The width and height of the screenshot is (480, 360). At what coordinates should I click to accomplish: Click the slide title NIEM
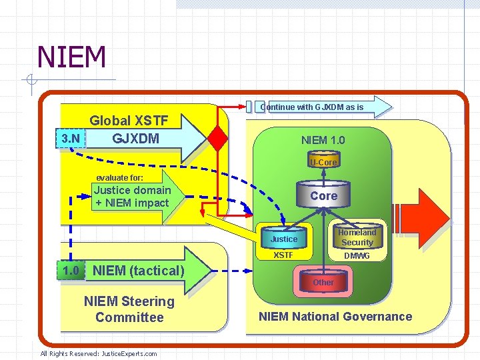coord(72,57)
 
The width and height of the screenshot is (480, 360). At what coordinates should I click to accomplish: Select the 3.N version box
coord(71,139)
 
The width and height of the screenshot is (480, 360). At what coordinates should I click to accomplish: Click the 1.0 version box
coord(71,270)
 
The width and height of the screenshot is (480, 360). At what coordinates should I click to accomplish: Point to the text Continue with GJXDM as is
coord(312,107)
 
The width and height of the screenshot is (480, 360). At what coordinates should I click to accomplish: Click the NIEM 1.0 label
coord(323,140)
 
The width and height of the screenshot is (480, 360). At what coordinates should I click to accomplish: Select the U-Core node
coord(323,162)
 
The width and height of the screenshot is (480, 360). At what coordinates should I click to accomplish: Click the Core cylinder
coord(323,195)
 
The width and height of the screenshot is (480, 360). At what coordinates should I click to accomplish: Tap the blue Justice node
coord(284,239)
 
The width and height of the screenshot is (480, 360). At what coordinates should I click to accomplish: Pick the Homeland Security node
coord(357,237)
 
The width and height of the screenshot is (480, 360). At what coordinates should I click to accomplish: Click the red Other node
coord(323,282)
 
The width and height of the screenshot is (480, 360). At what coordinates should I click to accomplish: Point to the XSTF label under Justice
coord(284,255)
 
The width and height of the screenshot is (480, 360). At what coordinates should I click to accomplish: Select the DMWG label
coord(357,256)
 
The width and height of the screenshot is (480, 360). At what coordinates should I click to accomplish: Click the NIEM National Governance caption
coord(335,317)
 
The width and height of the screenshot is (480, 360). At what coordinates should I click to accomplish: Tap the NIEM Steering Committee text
coord(129,309)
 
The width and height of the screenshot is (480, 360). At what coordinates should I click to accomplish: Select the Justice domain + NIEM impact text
coord(132,197)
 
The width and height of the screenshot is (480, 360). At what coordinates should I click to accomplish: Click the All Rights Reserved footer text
coord(99,353)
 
